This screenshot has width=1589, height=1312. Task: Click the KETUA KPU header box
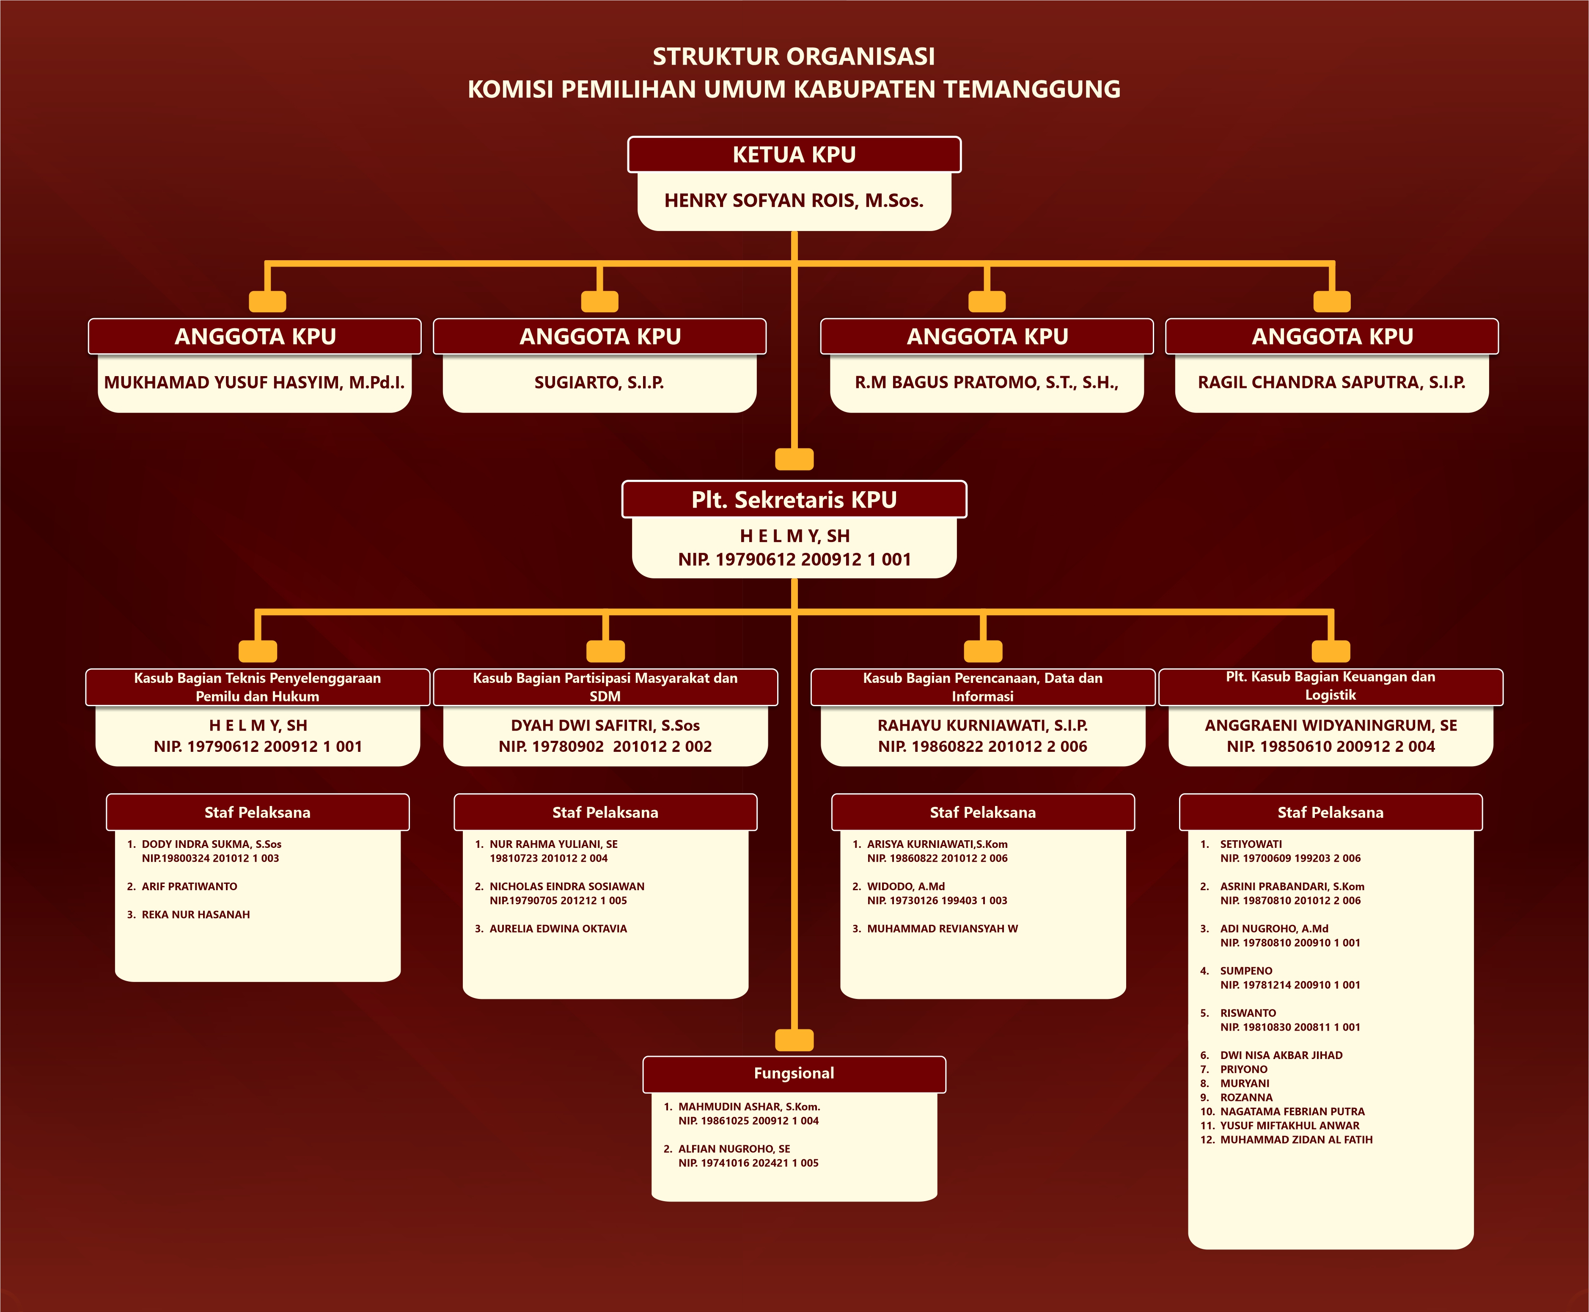[x=794, y=155]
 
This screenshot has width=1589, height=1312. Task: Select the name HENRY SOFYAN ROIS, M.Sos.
[x=794, y=200]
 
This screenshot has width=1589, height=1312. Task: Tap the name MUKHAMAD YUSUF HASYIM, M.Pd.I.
[x=255, y=382]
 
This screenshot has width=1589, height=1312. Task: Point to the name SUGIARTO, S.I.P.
[x=599, y=382]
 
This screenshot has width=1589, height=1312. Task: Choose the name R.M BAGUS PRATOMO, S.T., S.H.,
[x=986, y=382]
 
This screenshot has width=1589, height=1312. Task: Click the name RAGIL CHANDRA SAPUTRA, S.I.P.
[x=1331, y=382]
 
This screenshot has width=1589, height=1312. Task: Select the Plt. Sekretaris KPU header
[x=794, y=500]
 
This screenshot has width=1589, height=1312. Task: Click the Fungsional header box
[x=794, y=1073]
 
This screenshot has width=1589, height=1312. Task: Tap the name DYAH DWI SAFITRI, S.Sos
[x=605, y=726]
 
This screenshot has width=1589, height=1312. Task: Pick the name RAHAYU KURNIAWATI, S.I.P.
[x=982, y=726]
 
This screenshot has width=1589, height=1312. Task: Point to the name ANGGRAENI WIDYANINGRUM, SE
[x=1331, y=726]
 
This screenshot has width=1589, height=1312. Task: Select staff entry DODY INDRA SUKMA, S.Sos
[x=212, y=844]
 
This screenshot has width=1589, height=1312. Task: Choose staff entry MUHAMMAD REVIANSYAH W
[x=942, y=929]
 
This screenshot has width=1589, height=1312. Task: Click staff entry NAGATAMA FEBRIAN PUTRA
[x=1292, y=1112]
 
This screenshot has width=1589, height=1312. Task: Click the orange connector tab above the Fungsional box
[x=794, y=1040]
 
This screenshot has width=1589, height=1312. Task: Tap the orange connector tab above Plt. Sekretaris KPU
[x=794, y=459]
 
